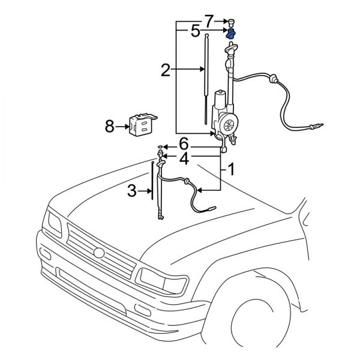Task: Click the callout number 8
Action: (110, 127)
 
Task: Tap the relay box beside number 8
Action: (140, 124)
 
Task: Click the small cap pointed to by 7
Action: (230, 23)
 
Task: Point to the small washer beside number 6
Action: (160, 146)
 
